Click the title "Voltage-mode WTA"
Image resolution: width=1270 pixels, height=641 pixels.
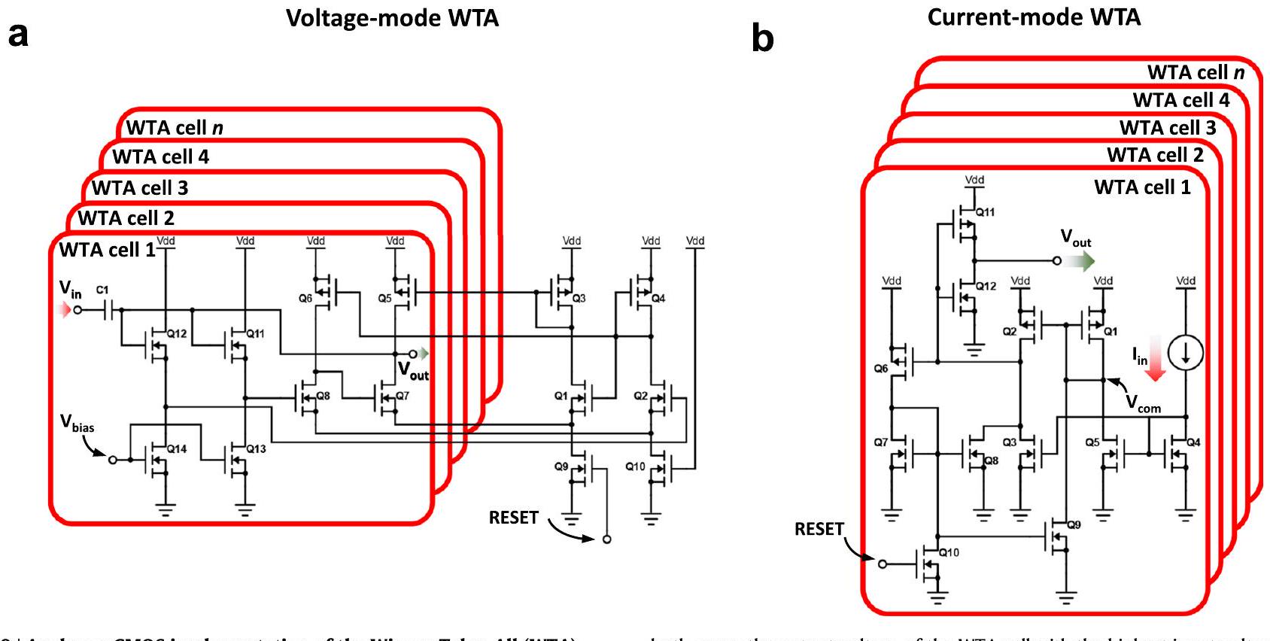click(x=392, y=18)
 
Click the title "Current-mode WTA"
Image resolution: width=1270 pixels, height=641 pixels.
click(x=1034, y=17)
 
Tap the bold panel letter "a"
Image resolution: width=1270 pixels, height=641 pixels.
click(x=18, y=35)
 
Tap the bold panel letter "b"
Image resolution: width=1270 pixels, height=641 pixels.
click(x=762, y=38)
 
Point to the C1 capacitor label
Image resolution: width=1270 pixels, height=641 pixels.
click(x=102, y=290)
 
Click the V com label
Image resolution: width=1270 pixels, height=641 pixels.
click(x=1142, y=404)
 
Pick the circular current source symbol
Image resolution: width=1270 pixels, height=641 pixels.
click(x=1186, y=353)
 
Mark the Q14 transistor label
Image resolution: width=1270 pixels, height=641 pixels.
click(x=177, y=448)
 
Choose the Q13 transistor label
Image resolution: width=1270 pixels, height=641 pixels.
click(x=256, y=448)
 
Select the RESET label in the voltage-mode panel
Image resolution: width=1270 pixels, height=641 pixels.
click(x=514, y=518)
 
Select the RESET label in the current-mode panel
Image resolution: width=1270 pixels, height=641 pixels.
click(x=819, y=529)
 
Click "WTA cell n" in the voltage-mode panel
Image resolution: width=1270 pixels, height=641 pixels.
click(x=175, y=128)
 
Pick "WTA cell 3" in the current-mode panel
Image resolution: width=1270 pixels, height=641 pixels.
click(x=1168, y=128)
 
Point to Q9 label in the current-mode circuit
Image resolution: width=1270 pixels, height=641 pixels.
click(x=1074, y=524)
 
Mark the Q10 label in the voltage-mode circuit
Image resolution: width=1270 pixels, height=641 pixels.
click(x=635, y=466)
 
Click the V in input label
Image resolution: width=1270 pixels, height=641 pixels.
click(x=70, y=290)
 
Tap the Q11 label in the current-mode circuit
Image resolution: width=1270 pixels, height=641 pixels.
click(x=986, y=212)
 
